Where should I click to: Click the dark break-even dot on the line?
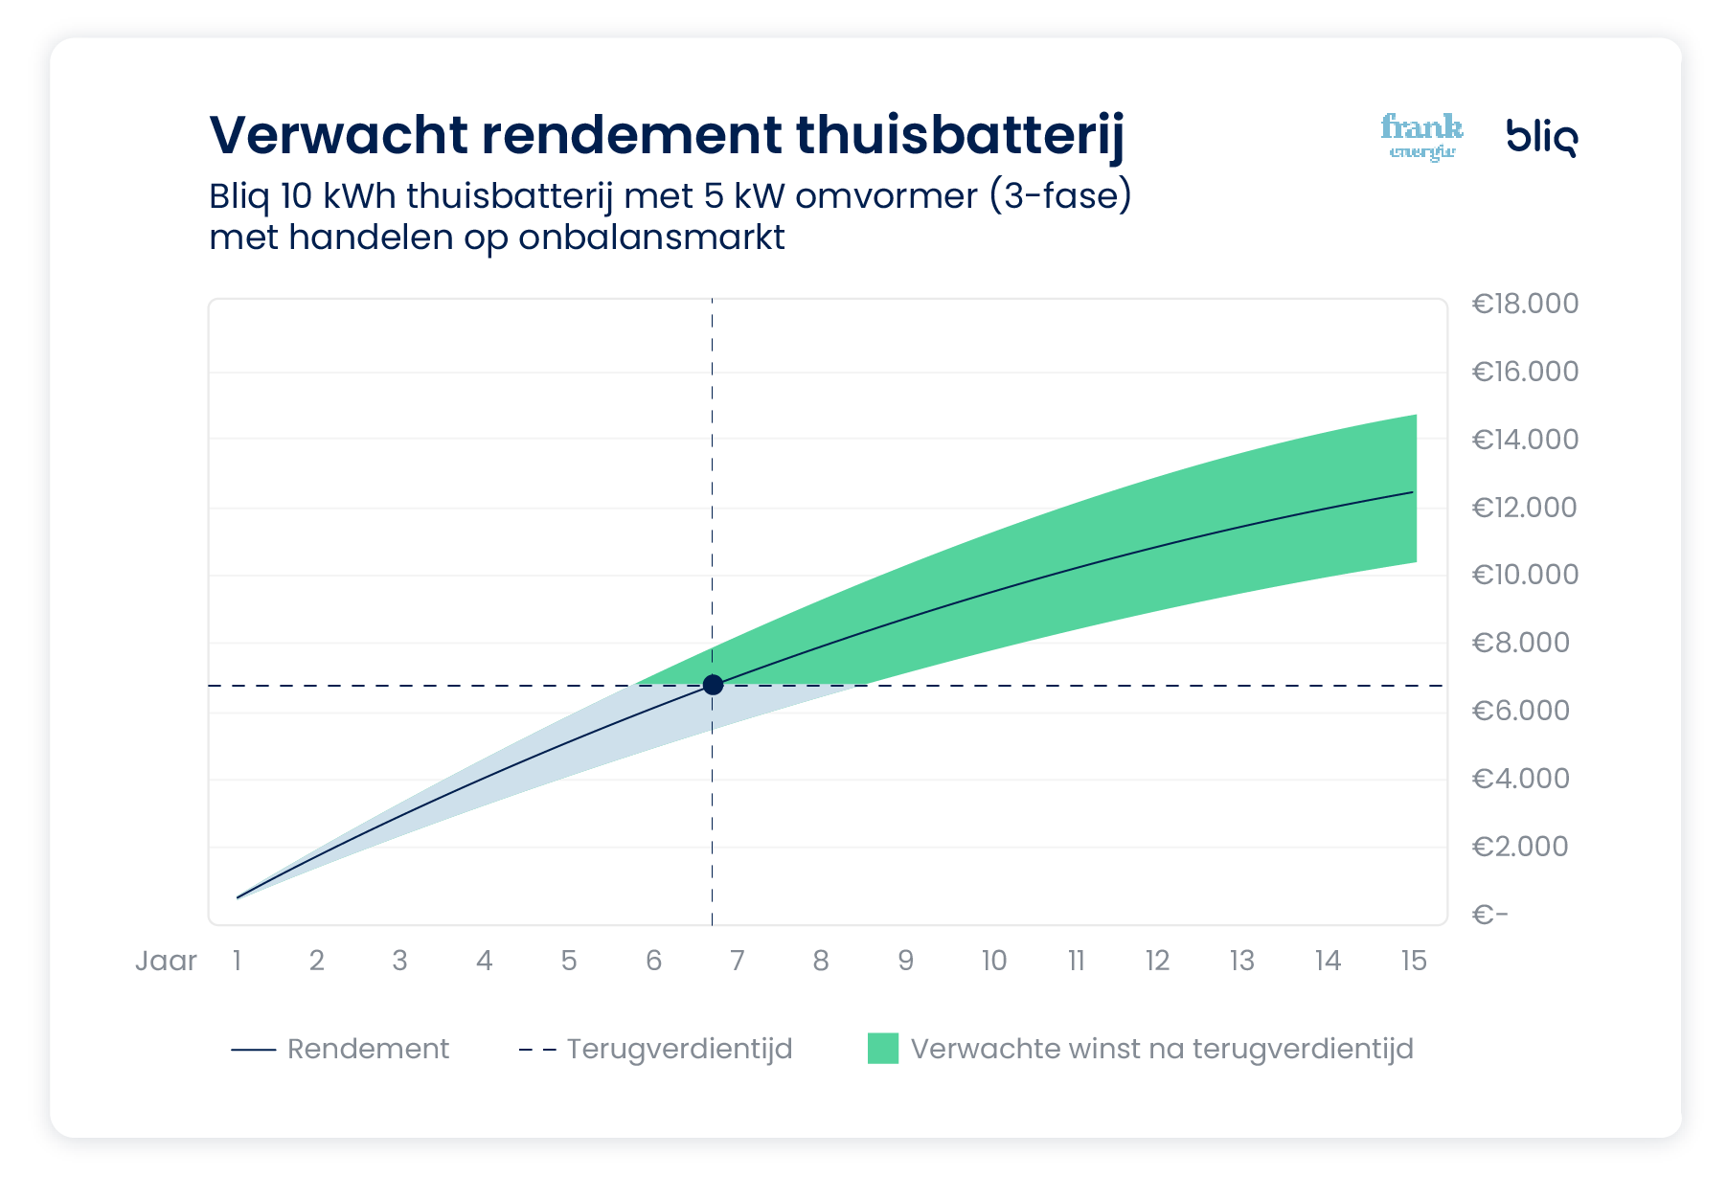coord(713,685)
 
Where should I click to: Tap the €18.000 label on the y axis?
coord(1525,304)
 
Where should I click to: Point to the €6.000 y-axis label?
coord(1520,711)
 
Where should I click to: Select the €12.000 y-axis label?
coord(1524,508)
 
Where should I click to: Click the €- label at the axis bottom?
coord(1489,915)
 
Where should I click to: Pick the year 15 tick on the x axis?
coord(1413,961)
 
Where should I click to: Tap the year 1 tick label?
coord(237,961)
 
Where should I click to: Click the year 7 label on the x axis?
coord(737,961)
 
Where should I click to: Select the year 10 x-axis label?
coord(993,961)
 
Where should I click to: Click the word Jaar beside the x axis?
coord(166,961)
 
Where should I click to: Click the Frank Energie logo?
coord(1421,137)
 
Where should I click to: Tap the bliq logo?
coord(1541,137)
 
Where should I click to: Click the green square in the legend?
coord(882,1049)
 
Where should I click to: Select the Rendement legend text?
coord(368,1049)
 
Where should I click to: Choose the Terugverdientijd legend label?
coord(679,1049)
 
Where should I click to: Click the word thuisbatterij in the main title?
coord(960,134)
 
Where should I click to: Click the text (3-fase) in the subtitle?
coord(1060,196)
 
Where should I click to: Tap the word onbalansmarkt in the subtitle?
coord(651,238)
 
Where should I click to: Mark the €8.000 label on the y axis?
coord(1520,643)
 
